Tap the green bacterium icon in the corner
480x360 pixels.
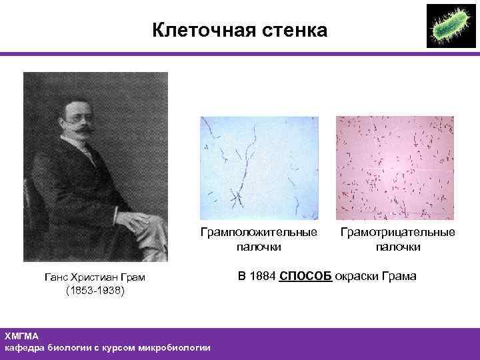(449, 26)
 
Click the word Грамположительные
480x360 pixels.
(259, 233)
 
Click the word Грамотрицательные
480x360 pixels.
(397, 233)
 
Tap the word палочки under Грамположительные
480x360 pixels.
(259, 247)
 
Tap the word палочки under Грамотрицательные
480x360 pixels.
(397, 247)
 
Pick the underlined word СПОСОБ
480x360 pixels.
(305, 276)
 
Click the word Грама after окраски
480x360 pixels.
(399, 276)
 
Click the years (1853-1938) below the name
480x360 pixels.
(95, 291)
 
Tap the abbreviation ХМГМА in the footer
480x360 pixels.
(22, 337)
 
